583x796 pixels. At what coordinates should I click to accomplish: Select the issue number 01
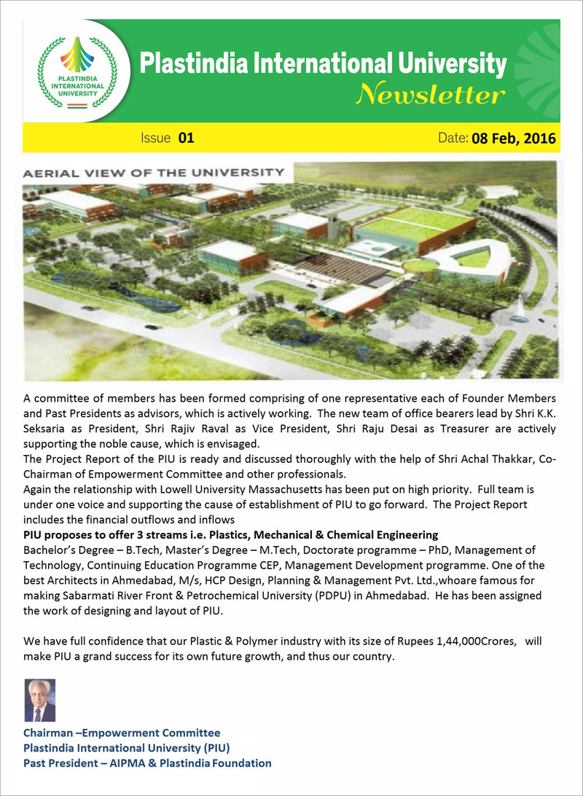click(186, 138)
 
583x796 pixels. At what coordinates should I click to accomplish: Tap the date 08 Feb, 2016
click(514, 138)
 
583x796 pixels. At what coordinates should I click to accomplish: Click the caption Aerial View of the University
click(153, 173)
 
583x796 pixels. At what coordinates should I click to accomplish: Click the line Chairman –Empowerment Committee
click(122, 733)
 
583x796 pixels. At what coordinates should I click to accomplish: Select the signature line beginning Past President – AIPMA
click(147, 763)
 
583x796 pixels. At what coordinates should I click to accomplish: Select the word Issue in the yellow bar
click(155, 138)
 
